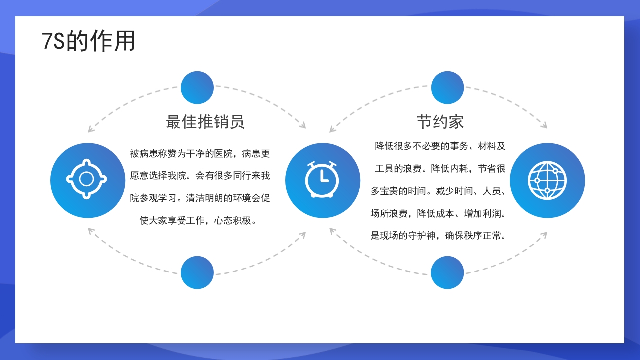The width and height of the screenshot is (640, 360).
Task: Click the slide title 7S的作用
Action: pos(89,41)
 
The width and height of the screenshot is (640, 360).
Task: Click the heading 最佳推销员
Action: pos(205,122)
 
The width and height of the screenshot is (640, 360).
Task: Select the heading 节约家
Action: pos(440,122)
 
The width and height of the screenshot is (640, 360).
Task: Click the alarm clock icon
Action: pos(322,180)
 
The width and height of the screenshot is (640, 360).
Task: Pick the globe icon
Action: pos(547,180)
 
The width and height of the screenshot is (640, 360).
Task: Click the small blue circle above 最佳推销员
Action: pos(197,88)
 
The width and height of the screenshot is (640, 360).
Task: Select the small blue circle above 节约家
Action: pos(447,88)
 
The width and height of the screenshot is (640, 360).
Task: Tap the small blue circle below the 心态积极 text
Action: pos(197,272)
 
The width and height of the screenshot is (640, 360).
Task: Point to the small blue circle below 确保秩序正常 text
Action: pos(447,272)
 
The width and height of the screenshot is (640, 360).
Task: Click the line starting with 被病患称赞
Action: pos(200,154)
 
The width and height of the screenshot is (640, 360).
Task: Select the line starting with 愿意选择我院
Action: pos(200,176)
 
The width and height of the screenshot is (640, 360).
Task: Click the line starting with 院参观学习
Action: pos(200,198)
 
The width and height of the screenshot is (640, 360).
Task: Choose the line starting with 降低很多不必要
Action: pos(440,146)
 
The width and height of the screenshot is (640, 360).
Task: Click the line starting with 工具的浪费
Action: pos(440,168)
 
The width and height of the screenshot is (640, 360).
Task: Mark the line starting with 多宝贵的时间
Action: pos(438,191)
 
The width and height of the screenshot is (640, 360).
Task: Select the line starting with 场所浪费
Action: pos(438,213)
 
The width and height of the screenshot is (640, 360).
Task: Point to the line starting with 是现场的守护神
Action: pos(438,236)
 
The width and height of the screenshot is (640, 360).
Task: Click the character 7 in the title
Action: pos(47,42)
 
